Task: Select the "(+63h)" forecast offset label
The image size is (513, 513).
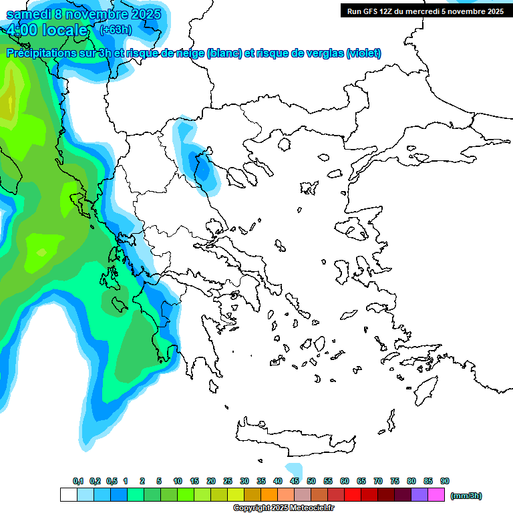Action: click(x=116, y=29)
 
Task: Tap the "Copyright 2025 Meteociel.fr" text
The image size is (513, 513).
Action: click(x=283, y=508)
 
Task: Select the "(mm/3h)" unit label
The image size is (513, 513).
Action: click(x=466, y=496)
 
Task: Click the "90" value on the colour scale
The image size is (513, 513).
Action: click(x=445, y=481)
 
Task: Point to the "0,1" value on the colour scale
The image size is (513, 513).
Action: click(x=78, y=481)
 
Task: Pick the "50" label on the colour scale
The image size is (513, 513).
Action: click(x=311, y=481)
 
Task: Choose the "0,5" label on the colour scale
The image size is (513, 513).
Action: click(x=112, y=481)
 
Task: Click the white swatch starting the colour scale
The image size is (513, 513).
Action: click(x=68, y=495)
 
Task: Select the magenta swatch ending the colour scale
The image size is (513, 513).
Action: click(x=436, y=495)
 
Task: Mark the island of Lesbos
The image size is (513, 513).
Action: click(x=357, y=228)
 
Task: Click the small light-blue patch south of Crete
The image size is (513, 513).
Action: click(x=293, y=469)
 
